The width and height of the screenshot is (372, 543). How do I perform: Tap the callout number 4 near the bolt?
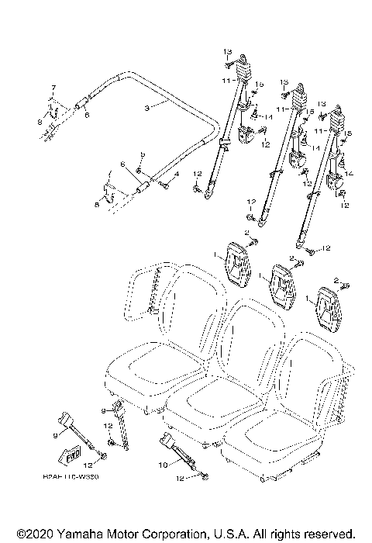pos(175,175)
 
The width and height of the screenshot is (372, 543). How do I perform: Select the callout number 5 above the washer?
pos(142,157)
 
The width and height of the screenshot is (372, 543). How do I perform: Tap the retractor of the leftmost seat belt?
pos(243,68)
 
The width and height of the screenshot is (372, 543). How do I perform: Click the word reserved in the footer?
pos(329,534)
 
